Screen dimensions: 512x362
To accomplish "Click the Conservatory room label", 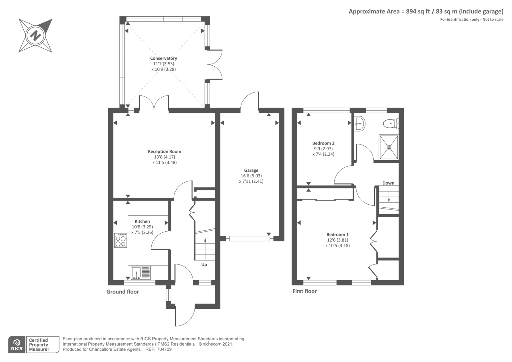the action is pyautogui.click(x=164, y=58).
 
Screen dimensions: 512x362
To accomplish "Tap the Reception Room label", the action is pyautogui.click(x=164, y=152).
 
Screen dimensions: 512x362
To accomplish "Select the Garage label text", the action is pyautogui.click(x=251, y=170).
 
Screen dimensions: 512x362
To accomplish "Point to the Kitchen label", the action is pyautogui.click(x=142, y=221).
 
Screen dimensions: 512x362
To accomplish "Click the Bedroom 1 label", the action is pyautogui.click(x=337, y=234).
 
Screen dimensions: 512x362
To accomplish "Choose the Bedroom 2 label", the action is pyautogui.click(x=323, y=143).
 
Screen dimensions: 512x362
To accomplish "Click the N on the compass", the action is pyautogui.click(x=36, y=36).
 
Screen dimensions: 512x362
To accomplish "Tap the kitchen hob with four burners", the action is pyautogui.click(x=120, y=240).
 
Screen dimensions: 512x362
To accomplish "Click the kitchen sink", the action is pyautogui.click(x=141, y=273).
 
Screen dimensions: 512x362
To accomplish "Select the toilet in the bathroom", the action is pyautogui.click(x=391, y=124).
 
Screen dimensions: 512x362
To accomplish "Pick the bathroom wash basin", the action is pyautogui.click(x=360, y=124).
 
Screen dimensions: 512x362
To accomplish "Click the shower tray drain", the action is pyautogui.click(x=389, y=147).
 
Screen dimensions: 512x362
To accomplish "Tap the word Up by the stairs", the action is pyautogui.click(x=204, y=265).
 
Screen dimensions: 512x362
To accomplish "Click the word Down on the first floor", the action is pyautogui.click(x=388, y=183).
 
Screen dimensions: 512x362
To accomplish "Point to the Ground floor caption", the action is pyautogui.click(x=123, y=292).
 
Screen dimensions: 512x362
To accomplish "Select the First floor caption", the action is pyautogui.click(x=304, y=291).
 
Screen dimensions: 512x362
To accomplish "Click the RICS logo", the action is pyautogui.click(x=17, y=345).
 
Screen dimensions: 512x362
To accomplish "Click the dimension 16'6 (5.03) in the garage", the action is pyautogui.click(x=251, y=176).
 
